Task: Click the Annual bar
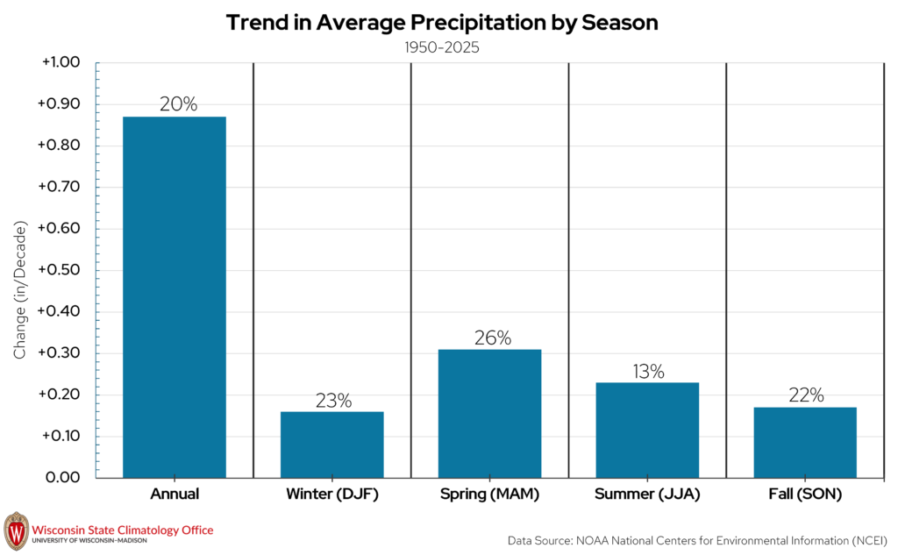[175, 297]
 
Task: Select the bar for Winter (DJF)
[332, 445]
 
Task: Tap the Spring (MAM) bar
[489, 414]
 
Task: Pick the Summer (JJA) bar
[647, 430]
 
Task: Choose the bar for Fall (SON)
[805, 443]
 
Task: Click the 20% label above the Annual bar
[178, 104]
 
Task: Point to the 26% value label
[493, 338]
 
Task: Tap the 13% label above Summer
[648, 372]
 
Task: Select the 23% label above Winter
[333, 401]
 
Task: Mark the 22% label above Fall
[807, 395]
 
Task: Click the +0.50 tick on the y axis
[59, 270]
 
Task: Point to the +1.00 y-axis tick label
[61, 62]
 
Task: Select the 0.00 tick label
[62, 478]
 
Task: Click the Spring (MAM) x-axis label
[489, 495]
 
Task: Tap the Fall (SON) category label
[805, 495]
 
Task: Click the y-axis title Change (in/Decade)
[20, 290]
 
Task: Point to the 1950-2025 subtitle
[442, 47]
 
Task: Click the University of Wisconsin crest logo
[16, 531]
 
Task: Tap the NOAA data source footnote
[697, 541]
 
